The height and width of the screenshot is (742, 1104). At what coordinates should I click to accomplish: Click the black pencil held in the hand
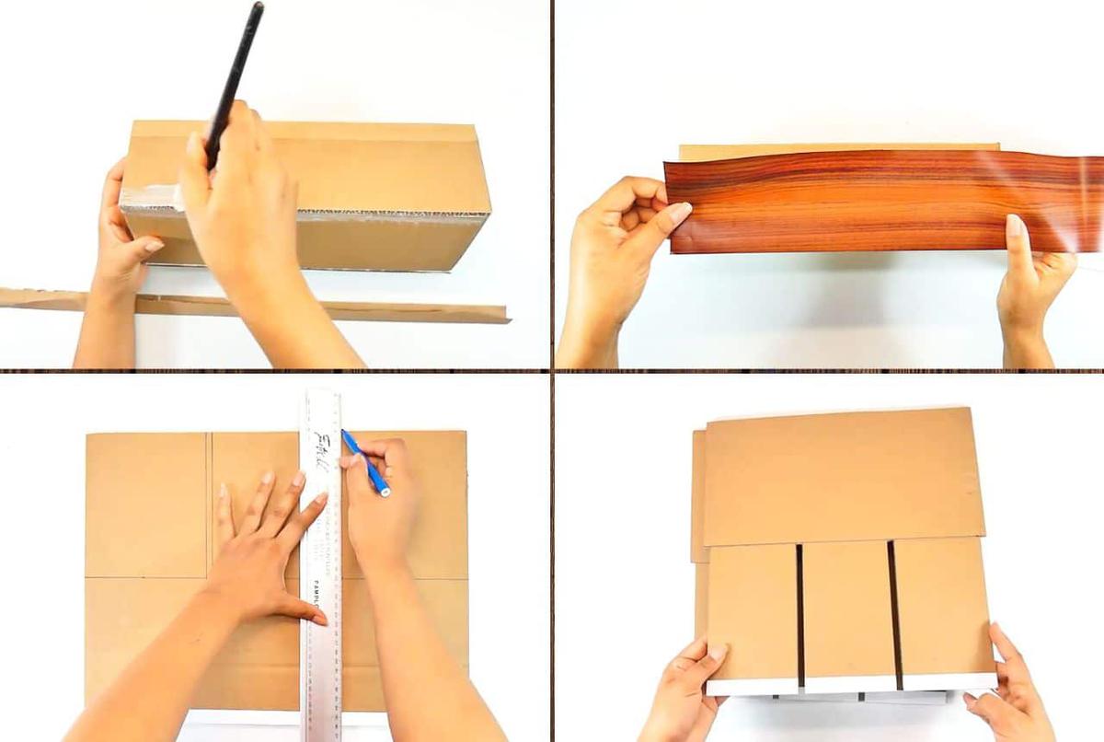237,64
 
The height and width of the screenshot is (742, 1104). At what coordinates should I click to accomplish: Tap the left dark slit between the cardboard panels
799,612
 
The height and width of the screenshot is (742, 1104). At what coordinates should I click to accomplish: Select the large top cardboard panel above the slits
837,479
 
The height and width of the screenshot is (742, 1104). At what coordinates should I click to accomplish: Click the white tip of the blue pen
385,492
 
